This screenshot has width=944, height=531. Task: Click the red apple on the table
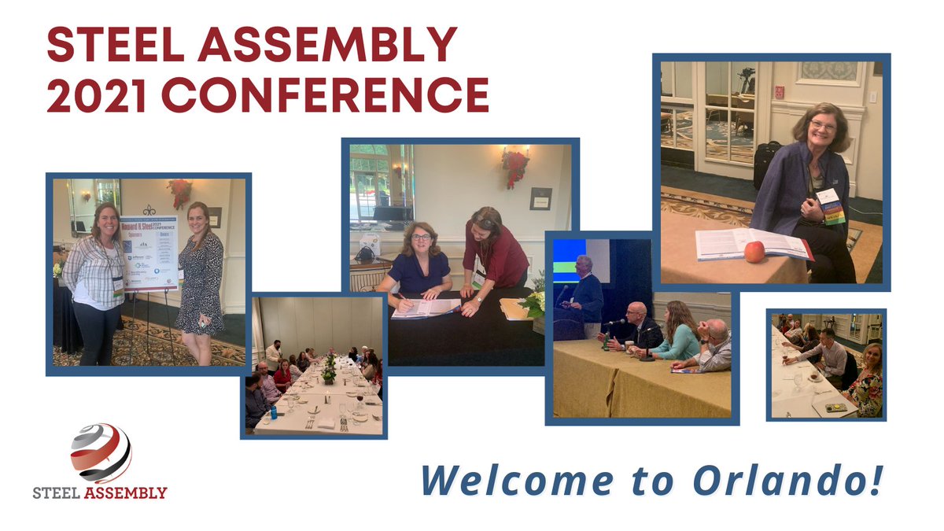point(754,252)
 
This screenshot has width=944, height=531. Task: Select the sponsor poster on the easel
point(149,250)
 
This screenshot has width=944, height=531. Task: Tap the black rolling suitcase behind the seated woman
point(766,164)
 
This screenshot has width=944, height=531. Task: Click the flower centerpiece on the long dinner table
point(329,368)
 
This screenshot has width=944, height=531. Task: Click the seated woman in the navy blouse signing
point(419,267)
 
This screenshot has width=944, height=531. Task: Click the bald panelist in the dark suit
point(638,326)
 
